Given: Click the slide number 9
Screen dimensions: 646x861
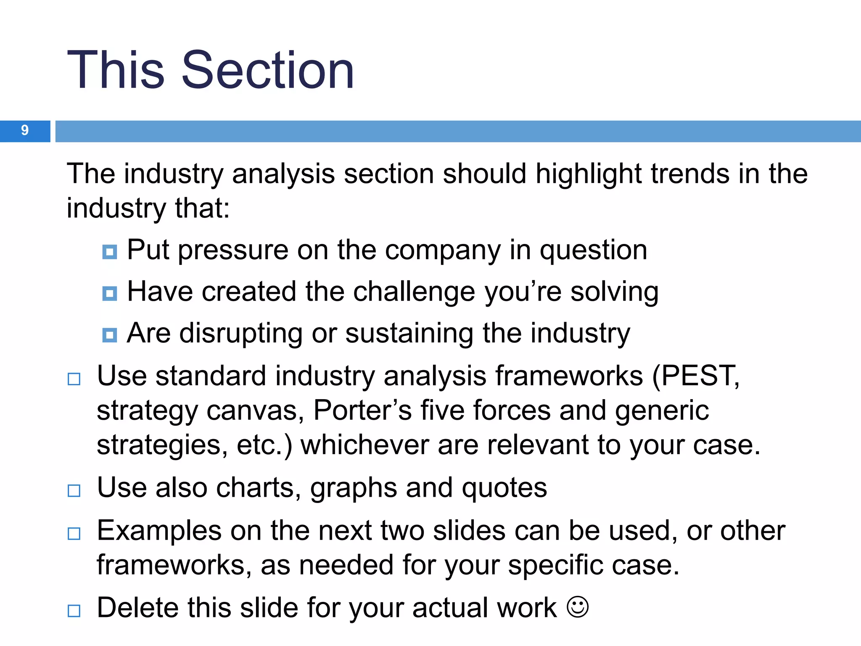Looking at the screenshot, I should click(x=25, y=130).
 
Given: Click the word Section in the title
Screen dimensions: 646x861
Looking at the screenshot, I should click(x=268, y=70).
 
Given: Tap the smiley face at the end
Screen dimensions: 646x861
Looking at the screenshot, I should click(x=578, y=607).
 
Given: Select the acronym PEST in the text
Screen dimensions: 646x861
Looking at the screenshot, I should click(x=697, y=376).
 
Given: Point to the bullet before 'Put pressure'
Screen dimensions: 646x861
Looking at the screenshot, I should click(x=110, y=252).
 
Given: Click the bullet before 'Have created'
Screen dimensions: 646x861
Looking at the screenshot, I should click(x=110, y=293).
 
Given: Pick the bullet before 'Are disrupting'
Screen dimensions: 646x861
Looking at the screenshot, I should click(x=110, y=335).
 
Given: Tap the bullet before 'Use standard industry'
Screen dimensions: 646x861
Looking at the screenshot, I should click(x=74, y=379).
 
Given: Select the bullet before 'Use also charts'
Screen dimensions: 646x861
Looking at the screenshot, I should click(x=74, y=490).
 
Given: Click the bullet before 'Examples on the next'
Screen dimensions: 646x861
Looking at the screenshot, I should click(x=74, y=533).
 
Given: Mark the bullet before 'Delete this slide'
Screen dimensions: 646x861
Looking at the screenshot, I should click(x=74, y=610).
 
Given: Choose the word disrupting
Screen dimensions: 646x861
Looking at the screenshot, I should click(x=241, y=334).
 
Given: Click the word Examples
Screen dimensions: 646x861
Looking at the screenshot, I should click(x=159, y=531).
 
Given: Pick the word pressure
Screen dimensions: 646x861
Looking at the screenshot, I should click(x=233, y=250).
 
